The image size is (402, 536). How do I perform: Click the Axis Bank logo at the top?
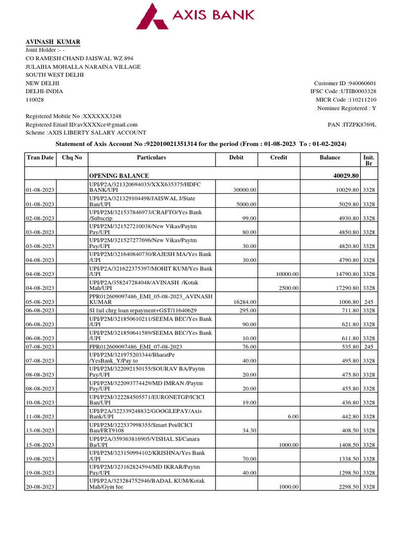[195, 16]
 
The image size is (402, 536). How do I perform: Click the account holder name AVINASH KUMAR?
[53, 42]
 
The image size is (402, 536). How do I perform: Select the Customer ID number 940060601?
[362, 83]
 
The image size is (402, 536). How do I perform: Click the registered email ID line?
[82, 125]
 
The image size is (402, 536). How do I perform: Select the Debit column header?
[236, 158]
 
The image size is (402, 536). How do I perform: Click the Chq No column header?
[72, 158]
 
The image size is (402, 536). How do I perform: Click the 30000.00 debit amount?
[244, 190]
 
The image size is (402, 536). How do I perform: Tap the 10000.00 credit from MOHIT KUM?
[287, 274]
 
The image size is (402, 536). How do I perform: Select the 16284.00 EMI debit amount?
[244, 301]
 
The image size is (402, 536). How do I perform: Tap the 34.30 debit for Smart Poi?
[249, 430]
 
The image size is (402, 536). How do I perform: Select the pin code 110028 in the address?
[35, 99]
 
